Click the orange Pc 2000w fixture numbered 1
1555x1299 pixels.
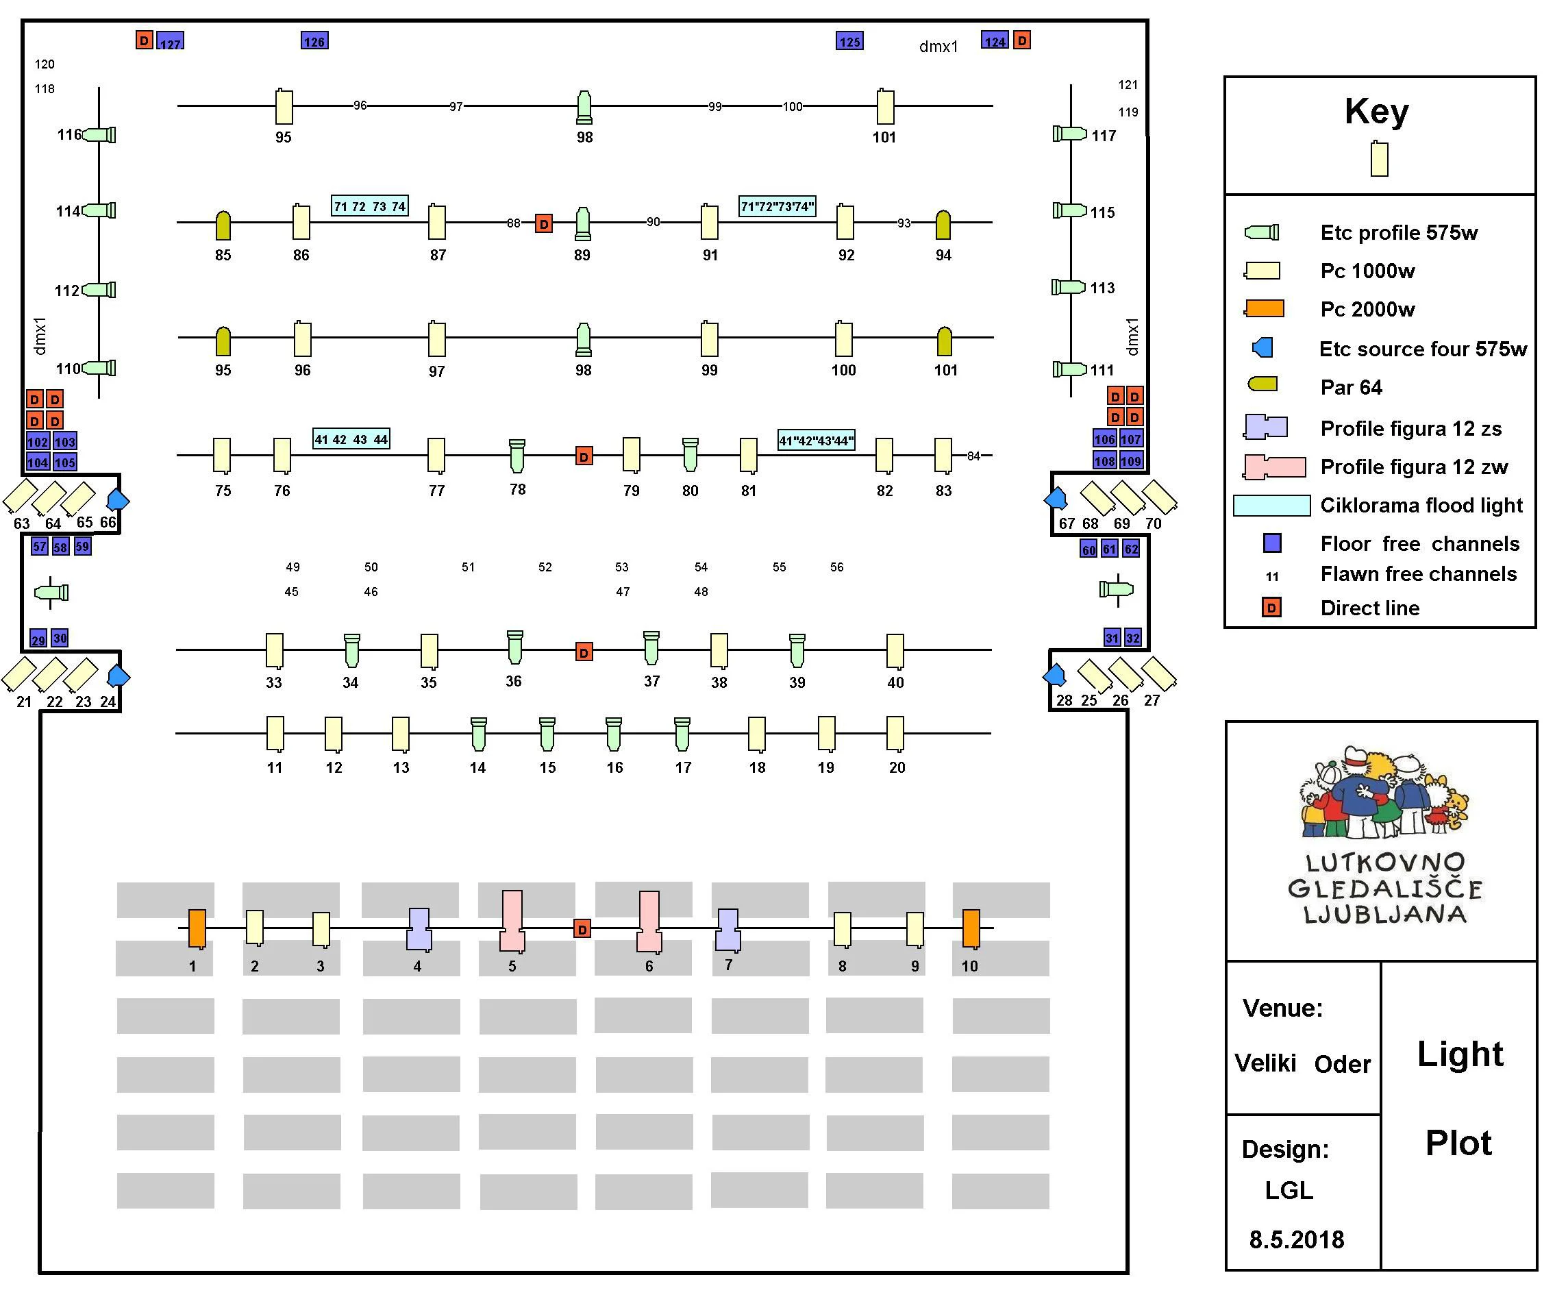pyautogui.click(x=196, y=928)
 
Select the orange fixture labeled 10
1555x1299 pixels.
pyautogui.click(x=971, y=928)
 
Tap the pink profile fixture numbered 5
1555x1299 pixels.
pyautogui.click(x=512, y=921)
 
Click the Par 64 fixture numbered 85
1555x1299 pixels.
pyautogui.click(x=223, y=225)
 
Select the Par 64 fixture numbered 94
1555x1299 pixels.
pyautogui.click(x=943, y=225)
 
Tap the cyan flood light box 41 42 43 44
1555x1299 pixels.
pyautogui.click(x=351, y=439)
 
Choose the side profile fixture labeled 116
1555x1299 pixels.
pyautogui.click(x=100, y=135)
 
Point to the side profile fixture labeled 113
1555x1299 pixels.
pyautogui.click(x=1069, y=286)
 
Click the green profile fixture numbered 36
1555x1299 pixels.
pyautogui.click(x=514, y=647)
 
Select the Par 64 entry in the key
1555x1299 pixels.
pyautogui.click(x=1351, y=387)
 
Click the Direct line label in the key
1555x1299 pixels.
pyautogui.click(x=1369, y=608)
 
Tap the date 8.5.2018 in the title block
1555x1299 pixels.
pyautogui.click(x=1296, y=1240)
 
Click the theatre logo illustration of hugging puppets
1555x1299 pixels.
pyautogui.click(x=1383, y=792)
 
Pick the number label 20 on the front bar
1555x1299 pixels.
pyautogui.click(x=897, y=767)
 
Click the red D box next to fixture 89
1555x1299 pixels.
pyautogui.click(x=543, y=223)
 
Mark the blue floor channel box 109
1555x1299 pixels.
pyautogui.click(x=1131, y=460)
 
